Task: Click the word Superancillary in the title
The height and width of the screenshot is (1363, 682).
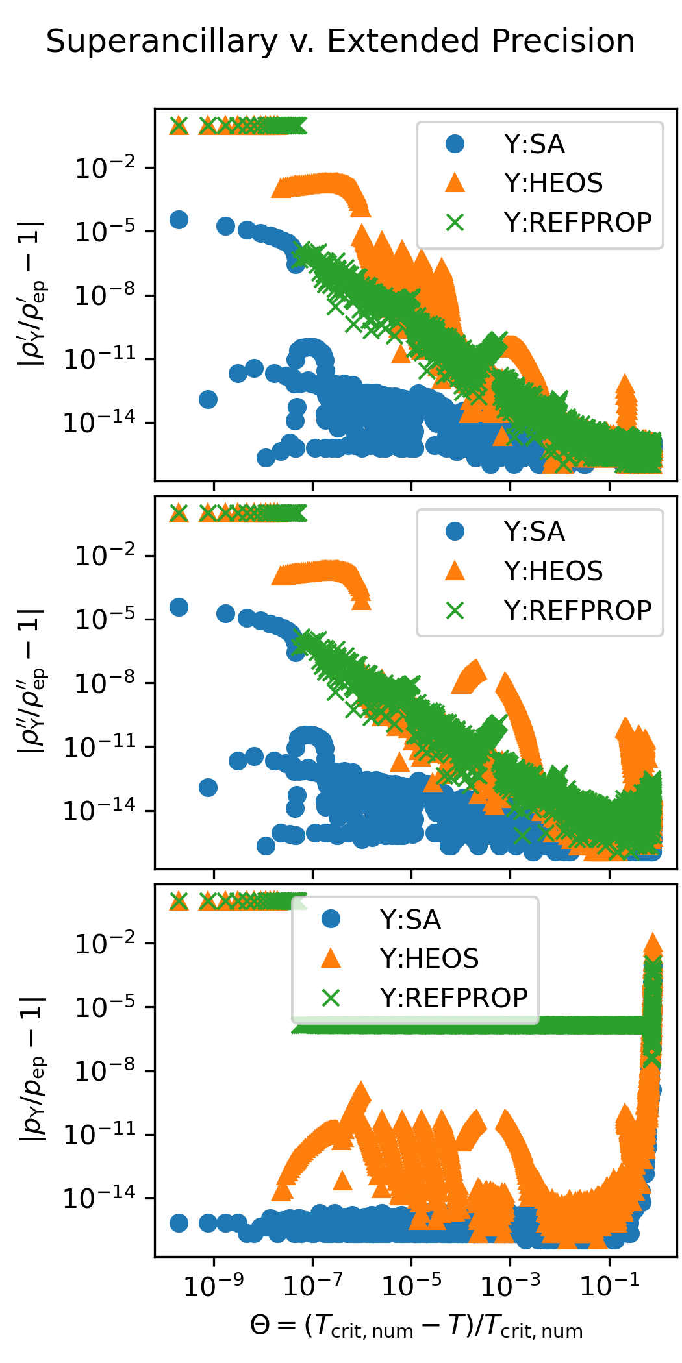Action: [x=162, y=42]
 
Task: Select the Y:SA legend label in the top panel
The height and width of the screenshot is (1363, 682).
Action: [x=534, y=144]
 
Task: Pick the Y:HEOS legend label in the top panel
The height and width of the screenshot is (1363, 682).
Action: [x=553, y=183]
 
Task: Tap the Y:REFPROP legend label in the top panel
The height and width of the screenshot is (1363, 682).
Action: [x=577, y=223]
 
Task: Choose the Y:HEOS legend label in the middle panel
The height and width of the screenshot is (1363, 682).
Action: [x=553, y=571]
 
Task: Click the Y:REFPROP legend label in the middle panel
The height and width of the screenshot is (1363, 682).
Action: [x=577, y=611]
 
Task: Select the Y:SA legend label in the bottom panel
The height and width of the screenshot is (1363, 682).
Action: [x=410, y=920]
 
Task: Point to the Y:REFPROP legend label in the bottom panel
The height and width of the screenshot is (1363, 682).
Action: [x=453, y=998]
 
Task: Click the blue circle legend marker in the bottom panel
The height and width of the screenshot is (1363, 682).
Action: [x=331, y=919]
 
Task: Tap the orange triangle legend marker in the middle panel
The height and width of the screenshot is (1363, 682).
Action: [x=455, y=571]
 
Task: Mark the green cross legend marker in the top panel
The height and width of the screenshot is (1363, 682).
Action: [x=455, y=223]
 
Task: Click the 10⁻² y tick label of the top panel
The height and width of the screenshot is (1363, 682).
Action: [x=106, y=169]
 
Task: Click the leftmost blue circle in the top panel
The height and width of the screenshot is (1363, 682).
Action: [x=179, y=219]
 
